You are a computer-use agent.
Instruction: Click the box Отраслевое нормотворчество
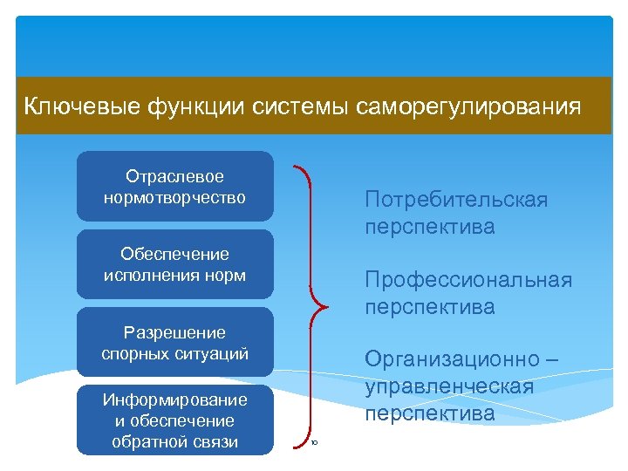coord(174,188)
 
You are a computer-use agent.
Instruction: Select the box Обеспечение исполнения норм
coord(174,265)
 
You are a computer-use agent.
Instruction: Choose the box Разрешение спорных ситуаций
coord(174,343)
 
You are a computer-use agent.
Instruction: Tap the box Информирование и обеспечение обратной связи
coord(174,420)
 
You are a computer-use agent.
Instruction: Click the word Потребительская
coord(456,201)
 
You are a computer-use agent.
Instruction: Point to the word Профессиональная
coord(468,280)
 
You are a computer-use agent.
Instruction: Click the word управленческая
coord(449,386)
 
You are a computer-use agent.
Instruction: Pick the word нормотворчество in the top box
coord(174,198)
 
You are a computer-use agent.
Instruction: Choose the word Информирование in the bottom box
coord(174,400)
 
